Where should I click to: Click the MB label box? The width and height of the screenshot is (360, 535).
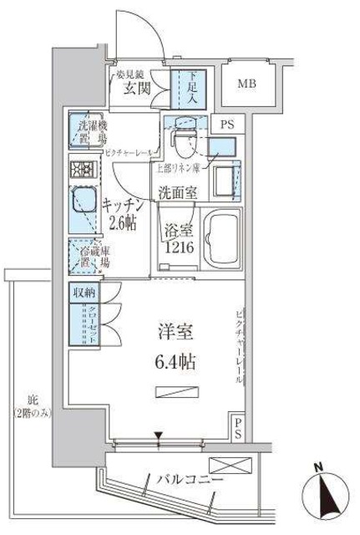(247, 84)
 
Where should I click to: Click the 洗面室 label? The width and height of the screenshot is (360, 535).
(179, 192)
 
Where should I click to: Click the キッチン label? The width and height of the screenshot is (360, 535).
(125, 205)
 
